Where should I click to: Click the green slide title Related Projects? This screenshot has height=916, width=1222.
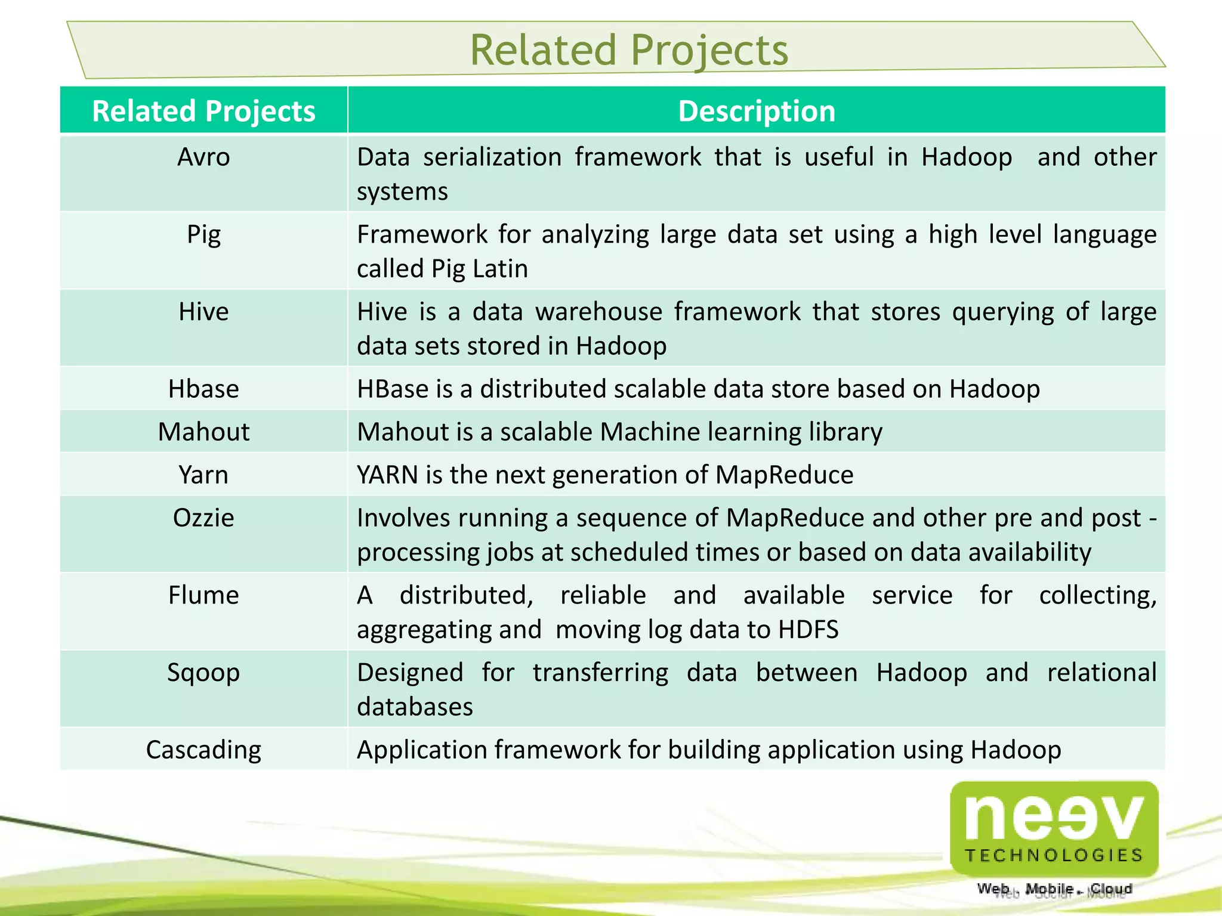pos(629,50)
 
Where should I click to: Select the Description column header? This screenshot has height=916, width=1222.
pos(757,112)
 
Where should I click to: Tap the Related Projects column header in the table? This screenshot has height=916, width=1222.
pos(203,112)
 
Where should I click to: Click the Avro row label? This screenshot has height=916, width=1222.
pos(203,157)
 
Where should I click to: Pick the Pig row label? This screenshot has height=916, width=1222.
pos(203,234)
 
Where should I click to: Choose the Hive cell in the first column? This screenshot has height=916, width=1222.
pos(203,312)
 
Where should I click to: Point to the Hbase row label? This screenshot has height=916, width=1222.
pos(203,389)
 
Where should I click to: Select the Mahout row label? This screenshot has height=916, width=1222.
pos(203,432)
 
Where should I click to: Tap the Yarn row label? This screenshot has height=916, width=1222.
pos(203,475)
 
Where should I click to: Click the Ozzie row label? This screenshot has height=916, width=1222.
pos(203,518)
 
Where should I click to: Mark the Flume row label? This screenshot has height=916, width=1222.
pos(203,595)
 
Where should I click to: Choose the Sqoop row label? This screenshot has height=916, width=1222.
pos(203,673)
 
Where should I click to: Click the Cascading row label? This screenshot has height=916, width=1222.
pos(203,750)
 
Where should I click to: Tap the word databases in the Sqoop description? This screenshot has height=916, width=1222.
pos(415,707)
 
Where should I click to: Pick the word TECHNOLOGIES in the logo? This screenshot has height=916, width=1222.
pos(1054,856)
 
